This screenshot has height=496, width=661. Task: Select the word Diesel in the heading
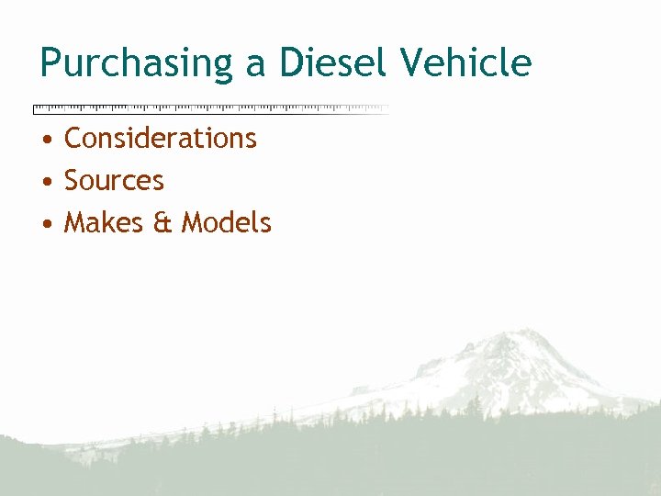click(332, 62)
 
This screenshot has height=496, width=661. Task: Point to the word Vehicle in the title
click(465, 62)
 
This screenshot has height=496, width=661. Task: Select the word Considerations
click(161, 138)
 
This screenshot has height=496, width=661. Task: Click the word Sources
click(114, 181)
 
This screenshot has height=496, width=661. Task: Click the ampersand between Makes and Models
click(162, 223)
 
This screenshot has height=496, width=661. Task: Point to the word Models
click(226, 222)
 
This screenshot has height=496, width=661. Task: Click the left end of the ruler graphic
click(36, 108)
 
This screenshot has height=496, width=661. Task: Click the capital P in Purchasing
click(50, 62)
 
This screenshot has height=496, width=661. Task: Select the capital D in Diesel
click(291, 62)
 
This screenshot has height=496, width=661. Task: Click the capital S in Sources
click(73, 181)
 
